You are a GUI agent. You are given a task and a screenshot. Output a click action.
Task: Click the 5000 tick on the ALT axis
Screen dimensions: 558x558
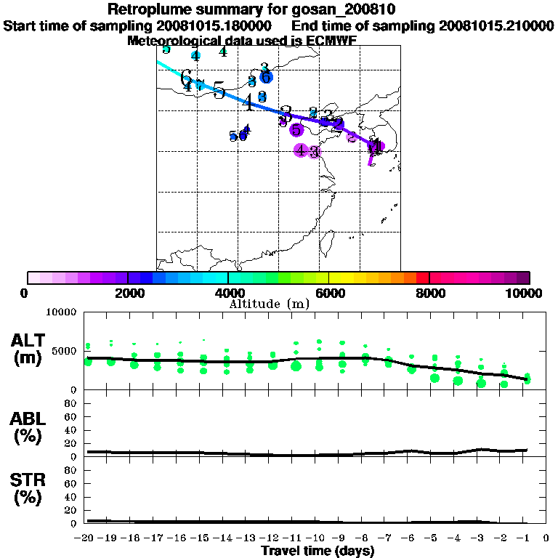[x=65, y=351]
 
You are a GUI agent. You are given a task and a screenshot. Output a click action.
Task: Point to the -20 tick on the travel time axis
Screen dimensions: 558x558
[x=85, y=539]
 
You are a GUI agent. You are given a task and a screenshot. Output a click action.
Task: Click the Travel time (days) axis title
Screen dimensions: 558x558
[x=318, y=551]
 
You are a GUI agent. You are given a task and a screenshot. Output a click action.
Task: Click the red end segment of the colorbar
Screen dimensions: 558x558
[x=423, y=278]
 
